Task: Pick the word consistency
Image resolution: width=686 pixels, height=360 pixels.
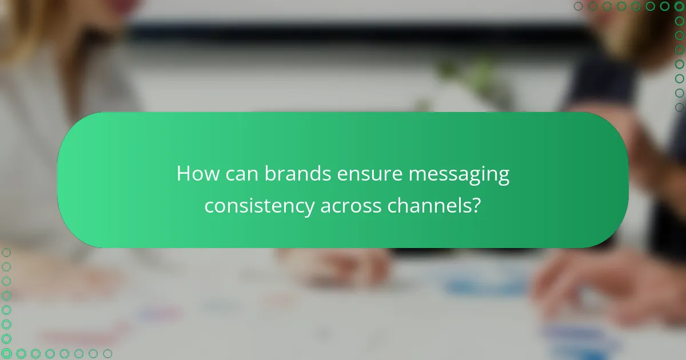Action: [260, 206]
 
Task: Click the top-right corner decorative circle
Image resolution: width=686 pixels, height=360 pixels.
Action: [679, 6]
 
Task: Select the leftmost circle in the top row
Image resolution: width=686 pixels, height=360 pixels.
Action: [579, 6]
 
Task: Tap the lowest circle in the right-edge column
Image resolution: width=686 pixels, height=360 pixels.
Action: [679, 107]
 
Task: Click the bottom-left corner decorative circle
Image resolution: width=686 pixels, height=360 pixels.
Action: [6, 354]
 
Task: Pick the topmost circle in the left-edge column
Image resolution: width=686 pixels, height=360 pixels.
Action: [6, 253]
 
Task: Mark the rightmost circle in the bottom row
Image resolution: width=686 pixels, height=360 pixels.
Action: [107, 354]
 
